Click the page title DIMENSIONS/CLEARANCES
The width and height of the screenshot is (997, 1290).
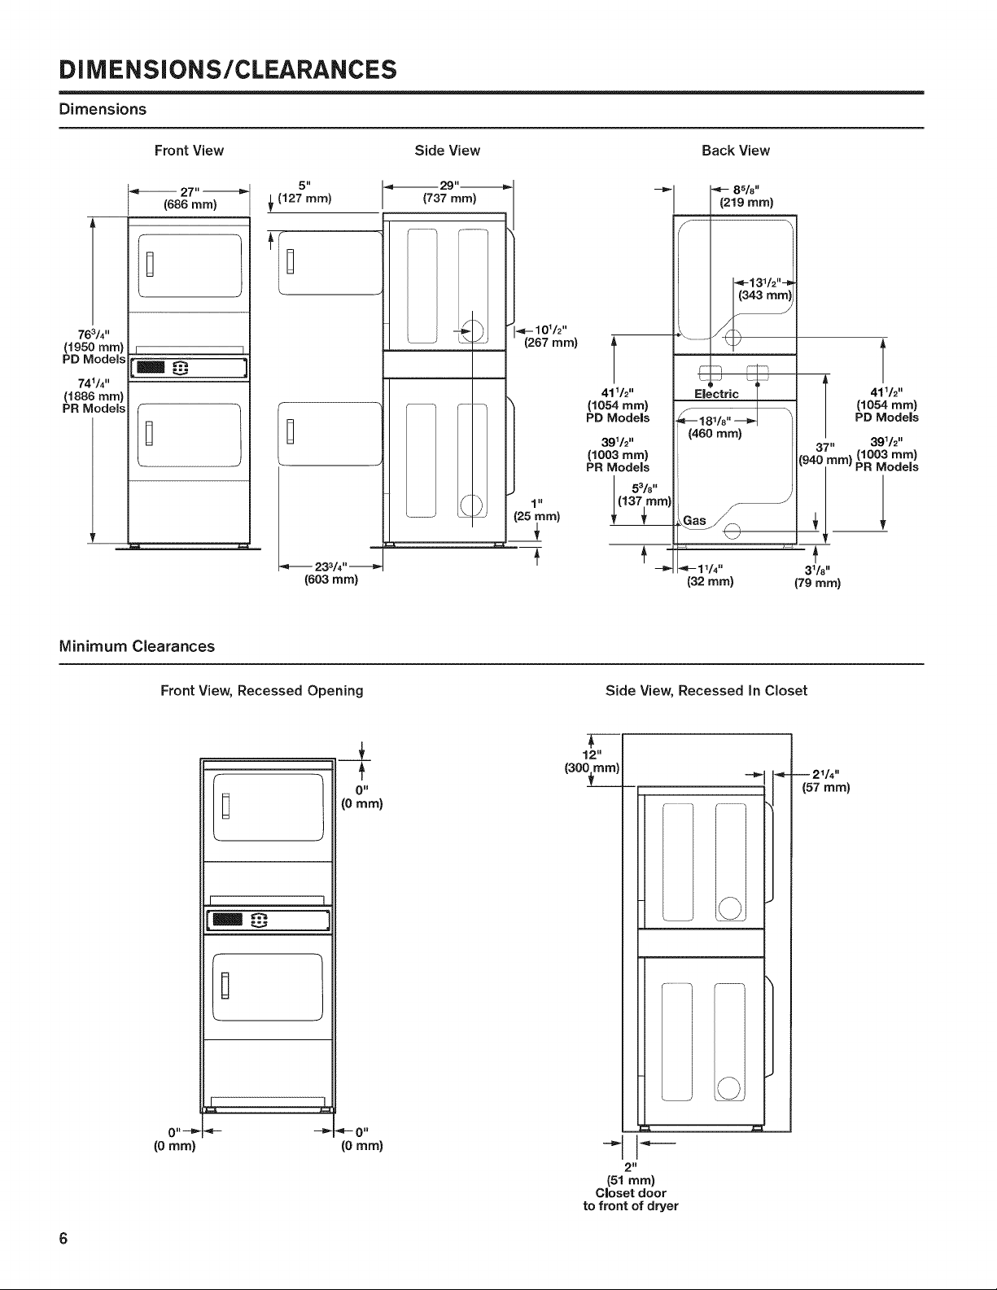point(228,70)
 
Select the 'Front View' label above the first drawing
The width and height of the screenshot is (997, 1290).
point(189,151)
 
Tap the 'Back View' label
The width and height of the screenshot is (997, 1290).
point(735,151)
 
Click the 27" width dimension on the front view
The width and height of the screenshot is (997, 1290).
point(190,192)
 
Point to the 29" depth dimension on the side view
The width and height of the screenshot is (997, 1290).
point(449,186)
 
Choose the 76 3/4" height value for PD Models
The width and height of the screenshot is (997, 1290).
point(93,335)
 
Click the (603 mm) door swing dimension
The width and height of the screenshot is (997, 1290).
point(331,579)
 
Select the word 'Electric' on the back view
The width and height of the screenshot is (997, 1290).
point(716,394)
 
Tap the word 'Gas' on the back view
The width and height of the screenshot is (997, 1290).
point(694,521)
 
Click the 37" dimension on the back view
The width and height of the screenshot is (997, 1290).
point(825,447)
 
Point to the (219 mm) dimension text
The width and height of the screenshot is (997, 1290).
point(746,203)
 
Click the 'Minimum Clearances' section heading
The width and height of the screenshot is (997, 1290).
point(137,646)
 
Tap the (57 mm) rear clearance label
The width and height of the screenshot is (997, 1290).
point(826,788)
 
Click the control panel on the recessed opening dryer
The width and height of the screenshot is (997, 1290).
point(268,920)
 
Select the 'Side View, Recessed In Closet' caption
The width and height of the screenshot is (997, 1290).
point(706,691)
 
